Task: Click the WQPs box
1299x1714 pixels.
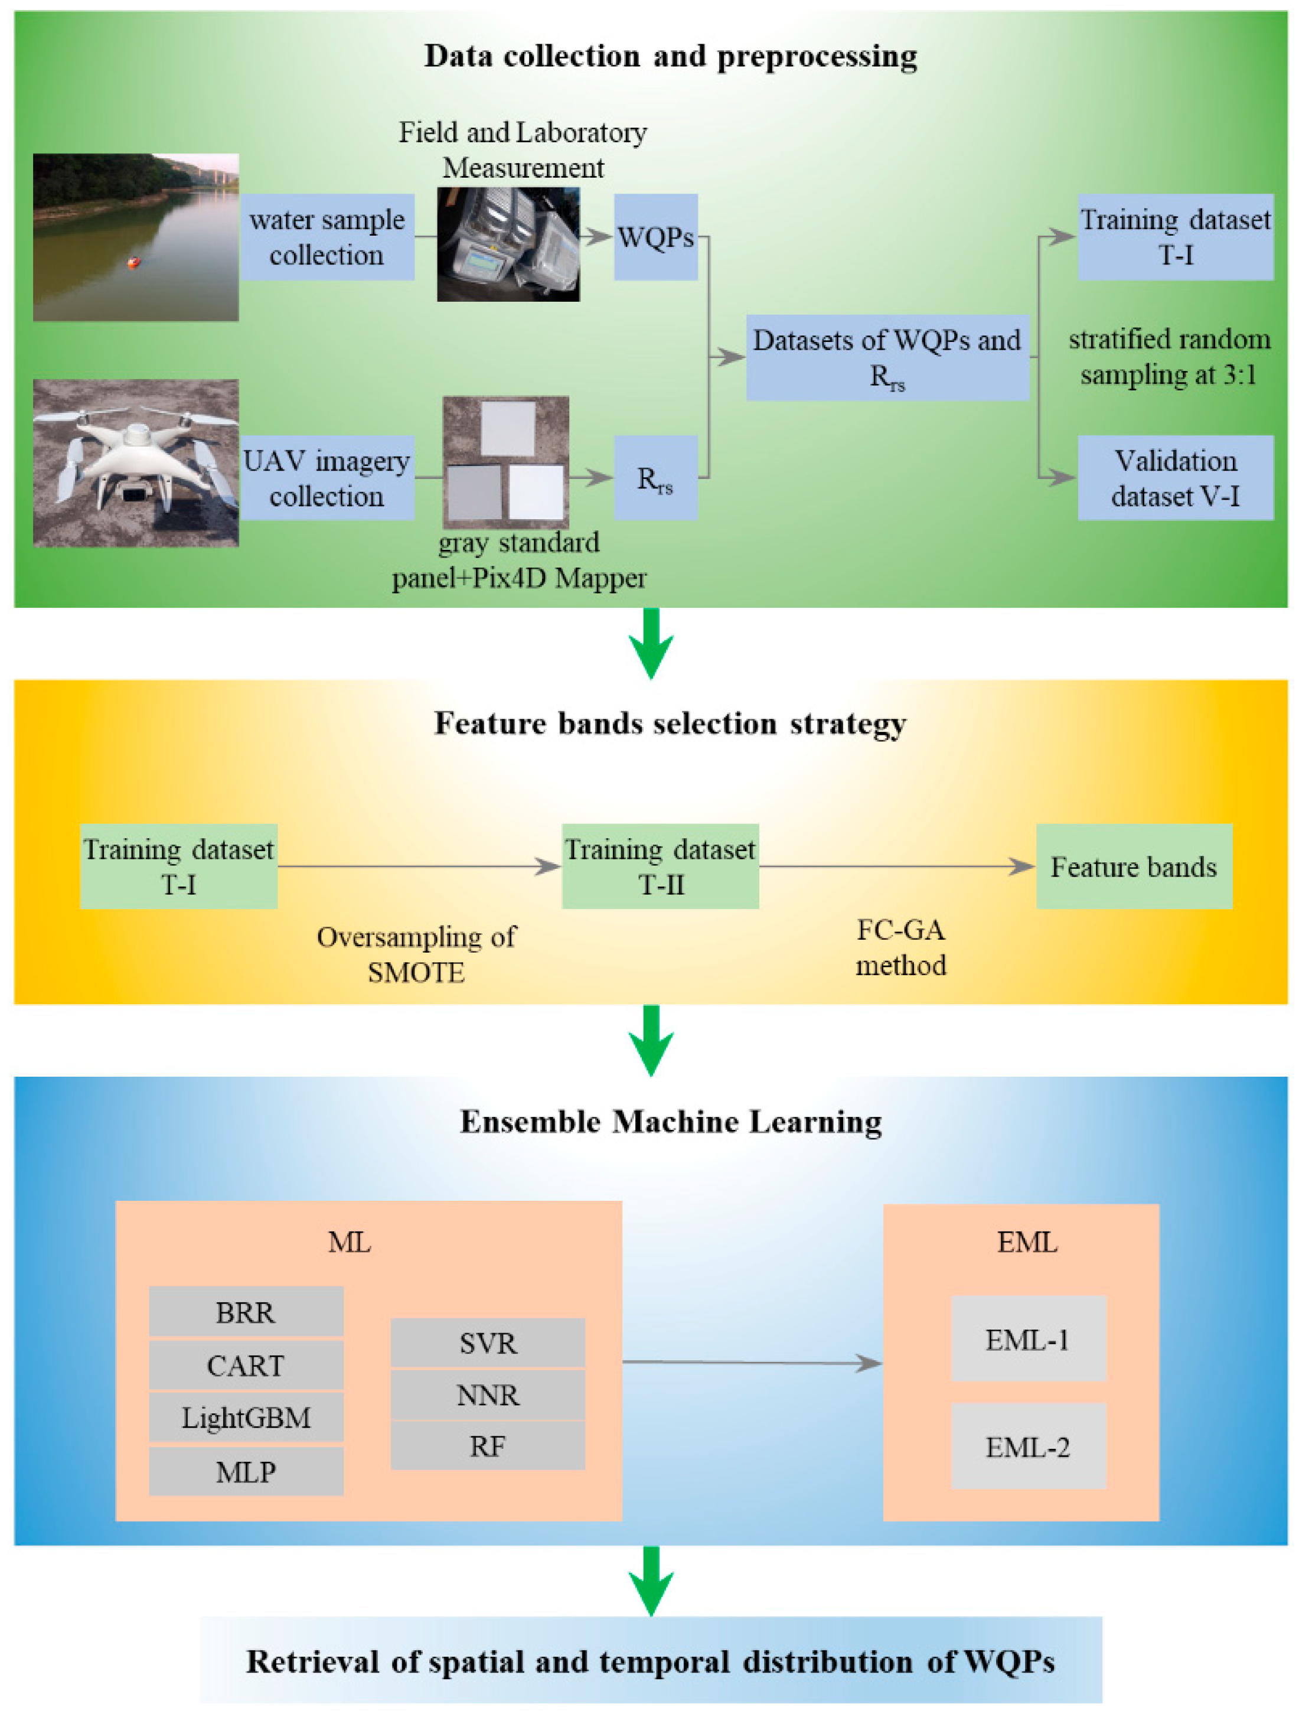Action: pos(655,236)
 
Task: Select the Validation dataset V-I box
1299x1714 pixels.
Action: pos(1174,477)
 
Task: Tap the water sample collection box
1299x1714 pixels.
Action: pos(327,236)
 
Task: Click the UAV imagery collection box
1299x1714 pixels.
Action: pos(327,477)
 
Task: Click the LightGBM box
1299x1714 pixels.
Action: pos(246,1418)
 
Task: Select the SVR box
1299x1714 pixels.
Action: pos(487,1343)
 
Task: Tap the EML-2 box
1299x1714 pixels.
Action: pos(1027,1446)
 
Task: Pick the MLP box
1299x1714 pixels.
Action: pos(246,1471)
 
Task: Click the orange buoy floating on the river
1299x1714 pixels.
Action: pos(134,263)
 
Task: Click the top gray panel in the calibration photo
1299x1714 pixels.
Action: pos(507,428)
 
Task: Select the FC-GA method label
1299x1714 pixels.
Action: pos(900,947)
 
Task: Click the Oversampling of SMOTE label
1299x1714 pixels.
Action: pos(416,954)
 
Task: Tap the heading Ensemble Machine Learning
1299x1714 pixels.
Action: pos(670,1121)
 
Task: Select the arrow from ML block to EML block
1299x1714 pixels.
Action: pos(752,1362)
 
